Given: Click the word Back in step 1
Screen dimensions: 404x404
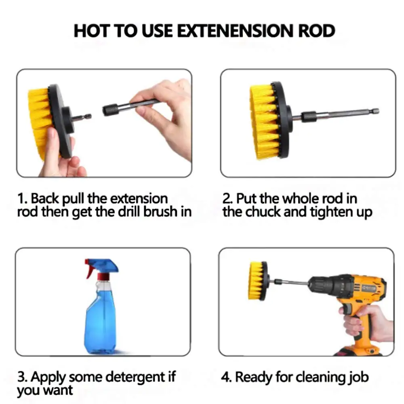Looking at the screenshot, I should [x=45, y=199].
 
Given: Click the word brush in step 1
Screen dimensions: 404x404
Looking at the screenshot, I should [x=159, y=212].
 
